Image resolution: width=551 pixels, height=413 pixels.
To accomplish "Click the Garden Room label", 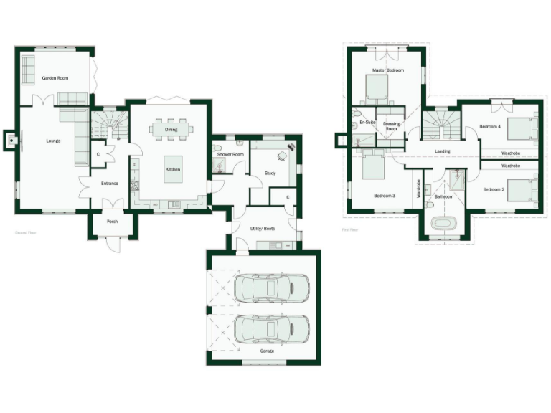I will click(55, 77).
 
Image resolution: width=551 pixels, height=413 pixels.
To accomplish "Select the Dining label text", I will click(171, 130).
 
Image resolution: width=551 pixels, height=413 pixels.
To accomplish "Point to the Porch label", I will click(112, 222).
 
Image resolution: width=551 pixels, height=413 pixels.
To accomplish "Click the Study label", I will click(270, 173).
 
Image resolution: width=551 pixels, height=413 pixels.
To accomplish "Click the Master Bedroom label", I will click(387, 70).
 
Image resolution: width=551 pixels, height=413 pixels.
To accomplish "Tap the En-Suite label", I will click(367, 123).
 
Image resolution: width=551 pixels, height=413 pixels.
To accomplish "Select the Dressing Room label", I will click(392, 126).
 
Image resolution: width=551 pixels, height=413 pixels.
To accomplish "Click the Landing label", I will click(443, 151).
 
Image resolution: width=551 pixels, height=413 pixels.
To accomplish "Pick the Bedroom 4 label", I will click(490, 126).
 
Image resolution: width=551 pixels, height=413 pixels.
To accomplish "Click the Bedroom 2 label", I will click(494, 189).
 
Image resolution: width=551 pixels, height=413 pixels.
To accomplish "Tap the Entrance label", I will click(109, 184).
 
